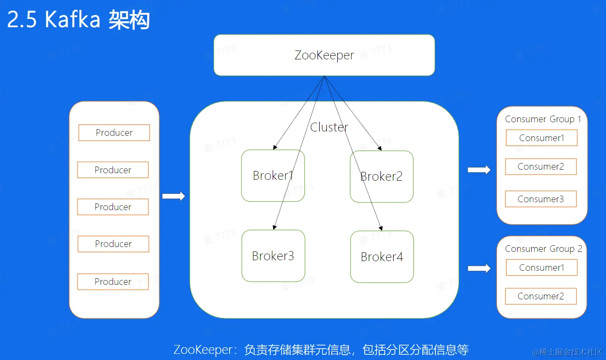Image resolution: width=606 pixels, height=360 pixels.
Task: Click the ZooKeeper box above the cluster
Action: (324, 55)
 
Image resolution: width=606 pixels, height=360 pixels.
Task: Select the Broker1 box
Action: (273, 176)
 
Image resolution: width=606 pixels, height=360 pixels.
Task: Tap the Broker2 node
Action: (381, 177)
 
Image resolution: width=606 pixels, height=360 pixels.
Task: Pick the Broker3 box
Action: (273, 256)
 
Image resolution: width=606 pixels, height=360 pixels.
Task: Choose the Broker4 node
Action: (382, 257)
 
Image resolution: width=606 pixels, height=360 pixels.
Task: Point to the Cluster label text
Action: (329, 127)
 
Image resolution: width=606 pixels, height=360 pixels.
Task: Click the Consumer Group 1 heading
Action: (543, 119)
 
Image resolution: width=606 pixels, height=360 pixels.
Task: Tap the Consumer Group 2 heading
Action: (543, 249)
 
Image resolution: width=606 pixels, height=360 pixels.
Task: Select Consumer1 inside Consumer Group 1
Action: (541, 138)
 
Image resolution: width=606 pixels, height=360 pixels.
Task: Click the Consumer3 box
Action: (540, 199)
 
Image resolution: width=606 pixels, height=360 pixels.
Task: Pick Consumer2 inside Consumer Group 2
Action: (540, 296)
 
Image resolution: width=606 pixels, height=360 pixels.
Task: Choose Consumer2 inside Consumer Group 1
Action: (540, 167)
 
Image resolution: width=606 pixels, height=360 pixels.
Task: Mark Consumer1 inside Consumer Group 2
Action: (541, 268)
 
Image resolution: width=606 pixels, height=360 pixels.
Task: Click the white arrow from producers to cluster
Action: (174, 196)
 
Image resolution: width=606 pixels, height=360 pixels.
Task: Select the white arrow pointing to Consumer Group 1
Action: (479, 170)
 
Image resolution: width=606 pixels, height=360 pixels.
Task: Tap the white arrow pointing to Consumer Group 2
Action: (479, 268)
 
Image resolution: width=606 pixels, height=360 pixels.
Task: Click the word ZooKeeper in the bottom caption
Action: (203, 350)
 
